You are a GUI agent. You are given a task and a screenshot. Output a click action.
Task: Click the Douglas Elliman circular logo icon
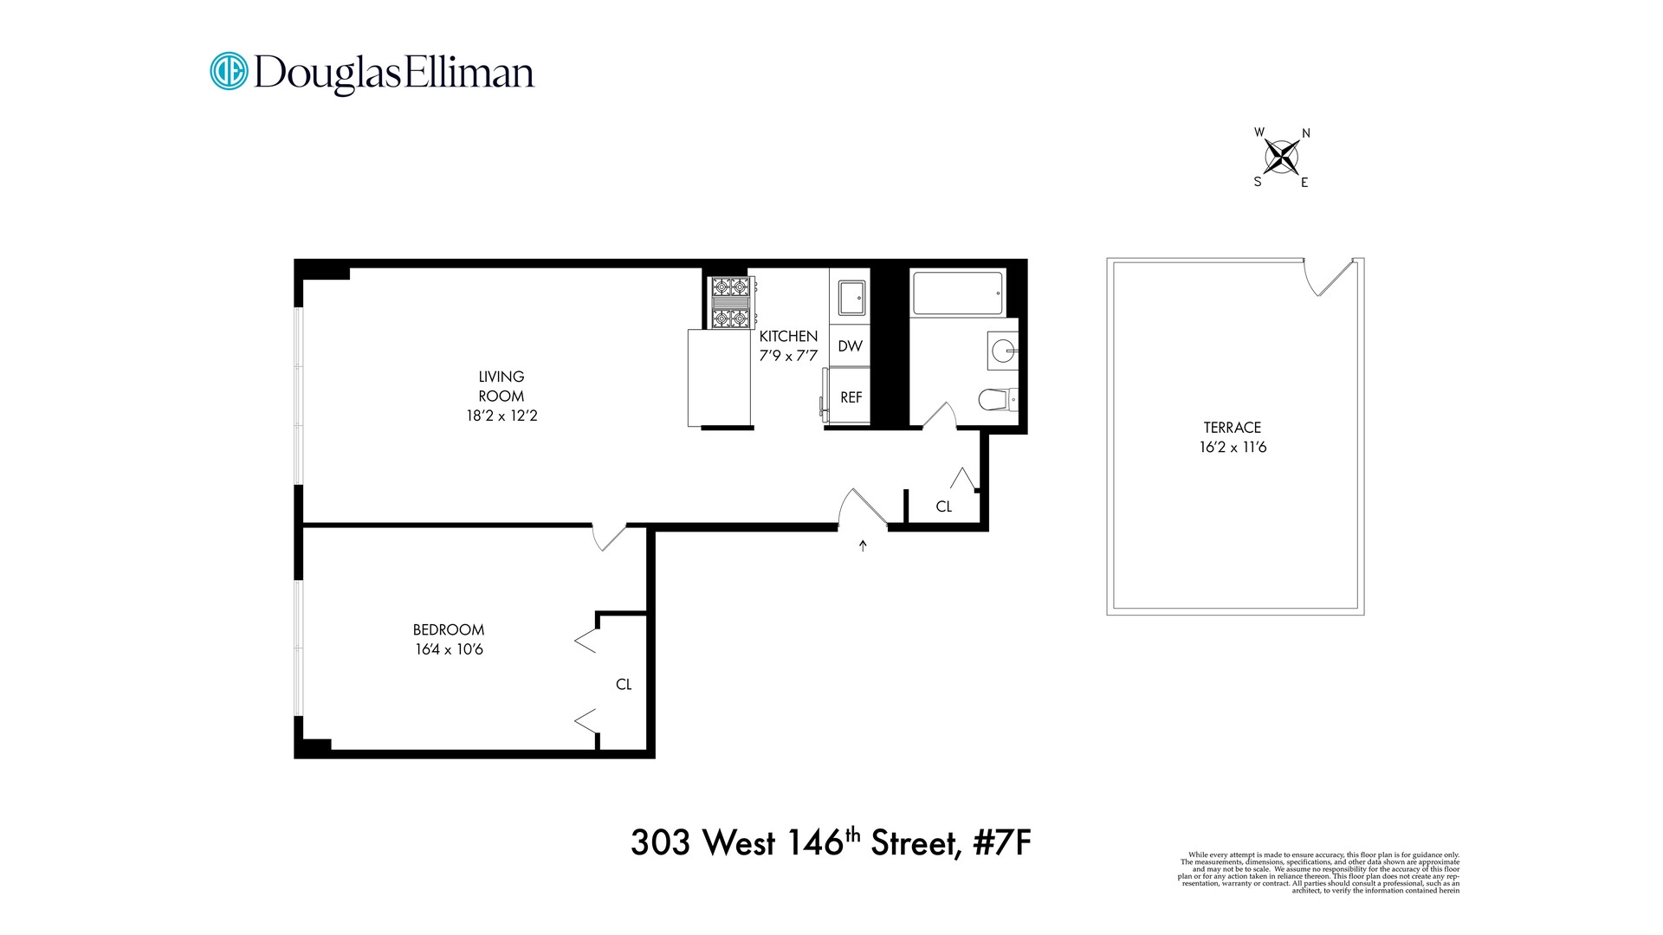tap(230, 71)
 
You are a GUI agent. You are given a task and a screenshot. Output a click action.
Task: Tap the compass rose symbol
tap(1282, 157)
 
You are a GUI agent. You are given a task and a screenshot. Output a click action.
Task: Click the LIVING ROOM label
tap(501, 386)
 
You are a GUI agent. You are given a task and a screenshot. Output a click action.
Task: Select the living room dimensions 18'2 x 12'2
tap(501, 416)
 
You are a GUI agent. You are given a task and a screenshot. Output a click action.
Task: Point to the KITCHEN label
tap(788, 336)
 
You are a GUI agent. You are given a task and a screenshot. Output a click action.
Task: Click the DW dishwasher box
tap(850, 346)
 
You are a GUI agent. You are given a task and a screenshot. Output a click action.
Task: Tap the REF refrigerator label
tap(851, 397)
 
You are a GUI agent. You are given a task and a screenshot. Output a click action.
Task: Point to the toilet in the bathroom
tap(997, 399)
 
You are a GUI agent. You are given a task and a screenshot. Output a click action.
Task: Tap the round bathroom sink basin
tap(1003, 351)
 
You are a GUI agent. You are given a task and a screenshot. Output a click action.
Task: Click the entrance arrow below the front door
tap(863, 545)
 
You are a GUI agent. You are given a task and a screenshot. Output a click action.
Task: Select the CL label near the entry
tap(944, 506)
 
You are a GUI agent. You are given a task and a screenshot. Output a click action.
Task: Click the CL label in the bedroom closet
tap(624, 684)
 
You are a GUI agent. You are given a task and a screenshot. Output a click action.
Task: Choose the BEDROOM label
tap(449, 629)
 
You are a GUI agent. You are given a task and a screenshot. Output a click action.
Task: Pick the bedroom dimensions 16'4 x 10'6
tap(449, 649)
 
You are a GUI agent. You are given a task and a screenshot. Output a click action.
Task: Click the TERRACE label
tap(1233, 428)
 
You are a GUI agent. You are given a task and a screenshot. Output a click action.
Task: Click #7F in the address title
tap(1002, 842)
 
